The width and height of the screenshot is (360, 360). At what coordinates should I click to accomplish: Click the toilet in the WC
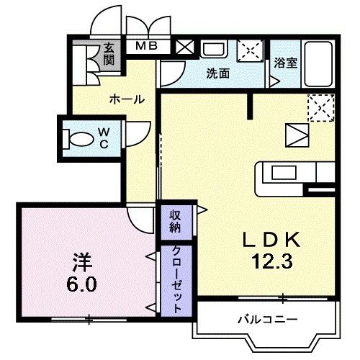(x=78, y=139)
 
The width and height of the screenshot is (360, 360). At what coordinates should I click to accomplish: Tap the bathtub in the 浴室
(x=318, y=63)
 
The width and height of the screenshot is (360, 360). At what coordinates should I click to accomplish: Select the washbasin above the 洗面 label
(x=214, y=49)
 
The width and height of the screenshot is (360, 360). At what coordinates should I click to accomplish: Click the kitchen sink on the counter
(x=284, y=173)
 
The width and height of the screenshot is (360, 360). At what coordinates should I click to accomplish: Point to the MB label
(x=146, y=46)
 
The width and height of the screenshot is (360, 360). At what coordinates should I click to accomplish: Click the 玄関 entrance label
(x=109, y=55)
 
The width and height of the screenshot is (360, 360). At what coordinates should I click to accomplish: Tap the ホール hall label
(x=127, y=99)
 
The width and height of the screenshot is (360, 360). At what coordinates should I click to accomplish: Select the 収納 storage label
(x=175, y=221)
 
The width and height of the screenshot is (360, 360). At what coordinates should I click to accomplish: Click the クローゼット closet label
(x=176, y=279)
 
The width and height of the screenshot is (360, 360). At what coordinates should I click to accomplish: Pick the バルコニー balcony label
(x=268, y=320)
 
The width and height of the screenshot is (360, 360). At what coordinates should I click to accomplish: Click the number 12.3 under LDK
(x=271, y=261)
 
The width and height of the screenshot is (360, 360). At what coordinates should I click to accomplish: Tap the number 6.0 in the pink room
(x=81, y=284)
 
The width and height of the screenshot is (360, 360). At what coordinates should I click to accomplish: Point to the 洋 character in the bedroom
(x=82, y=262)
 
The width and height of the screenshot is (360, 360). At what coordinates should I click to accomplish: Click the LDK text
(x=271, y=240)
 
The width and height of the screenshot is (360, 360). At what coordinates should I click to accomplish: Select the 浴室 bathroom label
(x=286, y=63)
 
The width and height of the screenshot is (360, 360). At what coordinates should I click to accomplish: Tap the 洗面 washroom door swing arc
(x=179, y=77)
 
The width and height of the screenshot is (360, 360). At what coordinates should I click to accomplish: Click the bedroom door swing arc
(x=135, y=225)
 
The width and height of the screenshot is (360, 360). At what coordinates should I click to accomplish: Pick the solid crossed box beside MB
(x=184, y=47)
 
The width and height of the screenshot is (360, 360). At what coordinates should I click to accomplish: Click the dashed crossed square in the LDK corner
(x=321, y=108)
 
